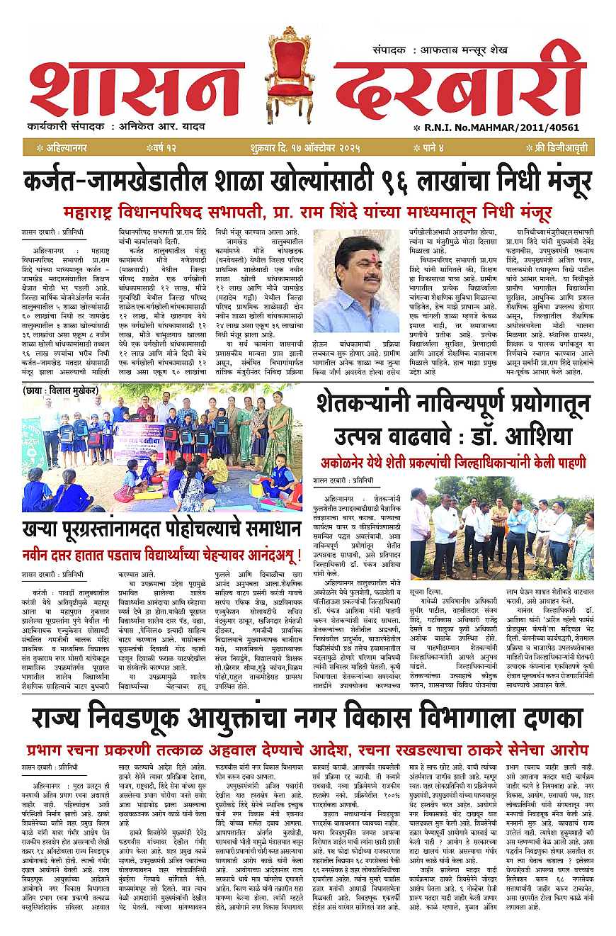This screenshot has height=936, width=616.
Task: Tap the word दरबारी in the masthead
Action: point(460,86)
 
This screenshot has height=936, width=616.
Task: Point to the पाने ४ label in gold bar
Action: point(434,148)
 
